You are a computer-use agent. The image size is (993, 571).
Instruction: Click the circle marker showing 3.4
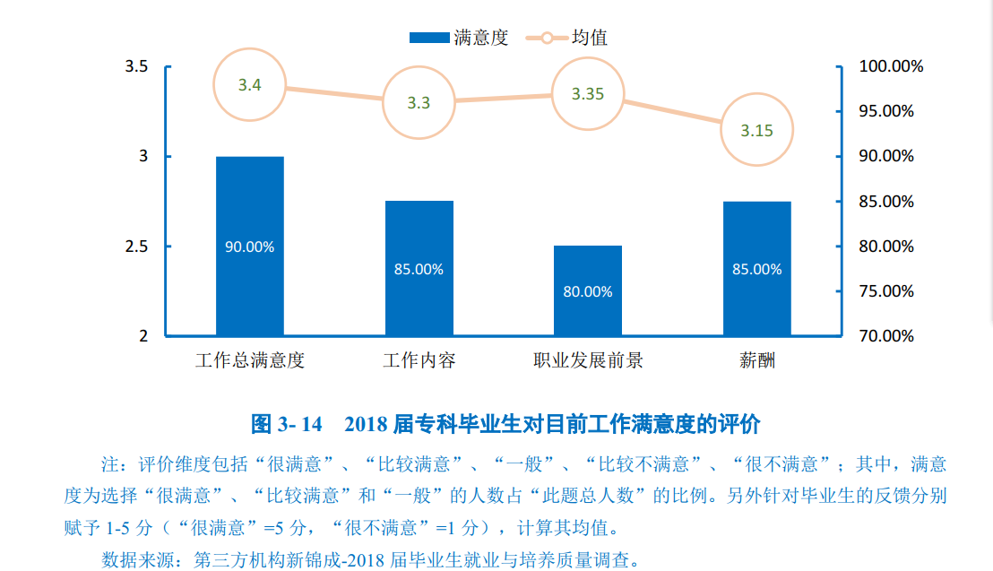pos(250,85)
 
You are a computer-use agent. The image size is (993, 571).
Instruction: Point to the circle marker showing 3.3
pos(419,102)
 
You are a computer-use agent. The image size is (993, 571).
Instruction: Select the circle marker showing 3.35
pos(588,93)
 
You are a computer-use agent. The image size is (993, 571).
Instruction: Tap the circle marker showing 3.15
pos(757,130)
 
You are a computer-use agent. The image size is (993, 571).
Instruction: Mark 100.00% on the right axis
pos(891,66)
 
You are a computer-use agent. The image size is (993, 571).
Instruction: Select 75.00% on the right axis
pos(886,291)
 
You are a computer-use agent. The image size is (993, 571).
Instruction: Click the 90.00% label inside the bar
pos(250,247)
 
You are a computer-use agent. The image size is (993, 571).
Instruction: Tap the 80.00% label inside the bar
pos(588,291)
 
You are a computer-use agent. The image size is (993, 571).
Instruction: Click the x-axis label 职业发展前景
pos(588,361)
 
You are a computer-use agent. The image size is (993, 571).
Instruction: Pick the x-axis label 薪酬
pos(757,361)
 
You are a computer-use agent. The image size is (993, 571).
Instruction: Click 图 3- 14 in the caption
pos(286,423)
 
